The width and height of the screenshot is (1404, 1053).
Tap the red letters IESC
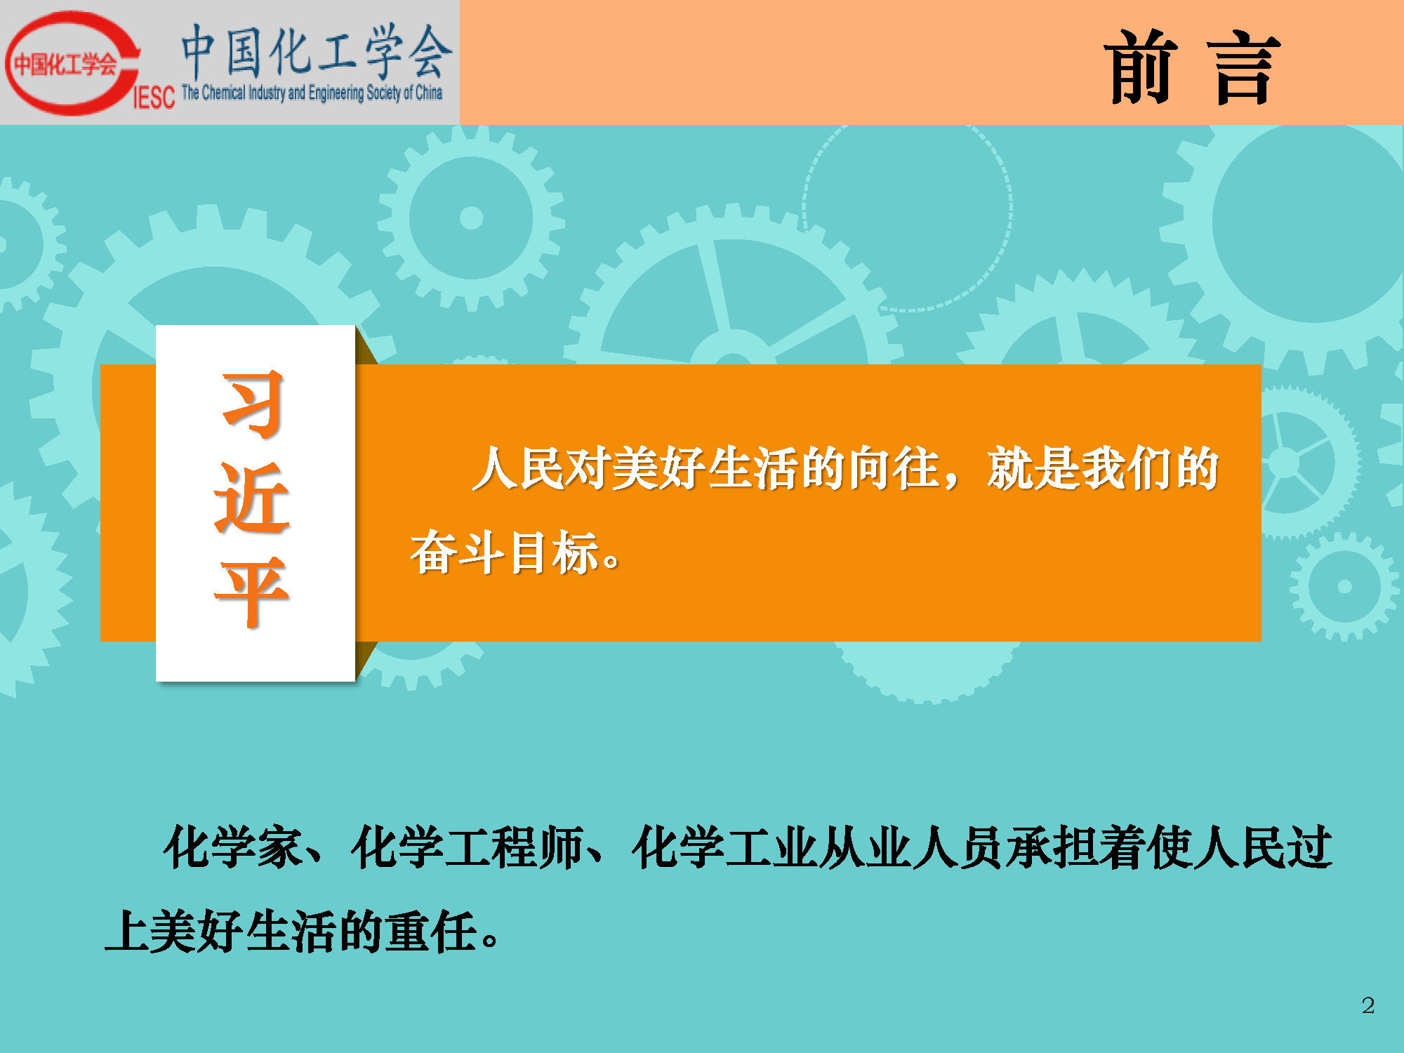[x=154, y=98]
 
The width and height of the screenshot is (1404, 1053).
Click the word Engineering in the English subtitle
[x=336, y=93]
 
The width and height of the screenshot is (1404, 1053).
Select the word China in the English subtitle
[x=428, y=92]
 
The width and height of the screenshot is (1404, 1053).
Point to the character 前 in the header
[x=1141, y=67]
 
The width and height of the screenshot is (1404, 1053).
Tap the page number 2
[x=1367, y=1005]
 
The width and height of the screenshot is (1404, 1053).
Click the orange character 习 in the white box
[x=253, y=404]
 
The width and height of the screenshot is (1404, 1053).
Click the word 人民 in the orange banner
[x=519, y=468]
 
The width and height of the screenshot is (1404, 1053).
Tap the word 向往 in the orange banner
[x=893, y=468]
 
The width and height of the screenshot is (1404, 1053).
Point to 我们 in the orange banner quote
[x=1127, y=468]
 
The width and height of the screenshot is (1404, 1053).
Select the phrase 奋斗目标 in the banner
[x=504, y=552]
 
